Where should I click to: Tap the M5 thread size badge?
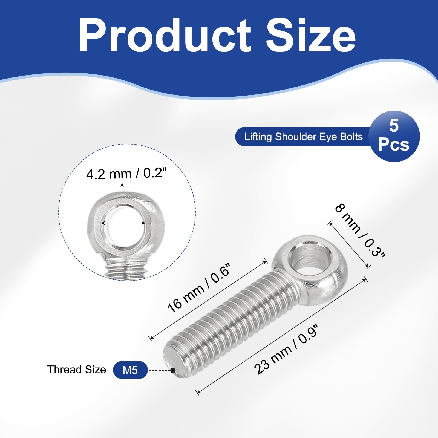click(x=130, y=370)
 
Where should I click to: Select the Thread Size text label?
click(x=76, y=370)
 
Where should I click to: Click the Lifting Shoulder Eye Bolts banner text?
click(x=303, y=136)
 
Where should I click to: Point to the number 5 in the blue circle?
click(x=394, y=126)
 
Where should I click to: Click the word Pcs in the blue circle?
click(x=394, y=144)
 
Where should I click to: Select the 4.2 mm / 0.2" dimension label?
click(x=126, y=174)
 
